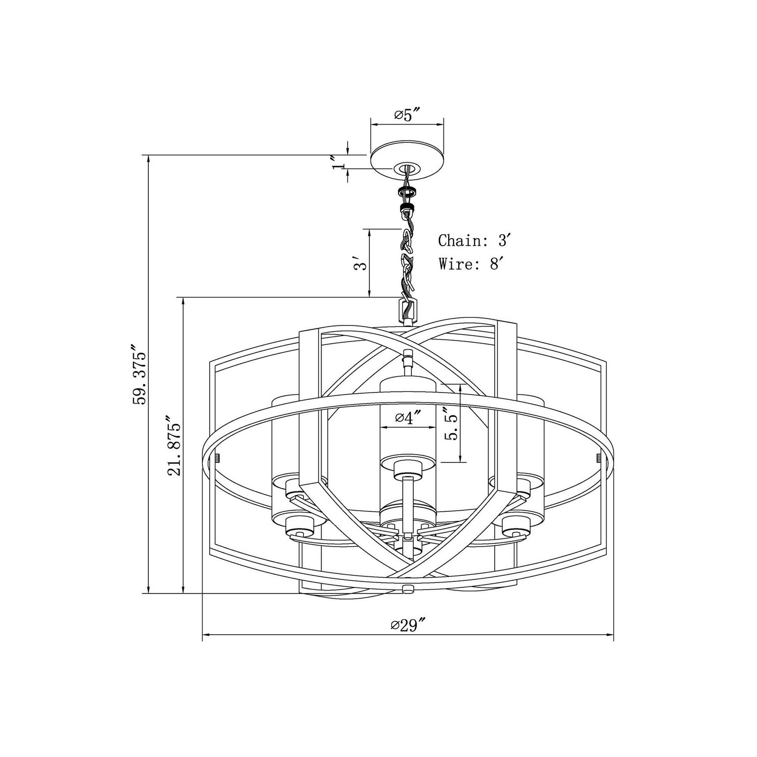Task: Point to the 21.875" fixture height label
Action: (174, 446)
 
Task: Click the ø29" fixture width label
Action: (407, 625)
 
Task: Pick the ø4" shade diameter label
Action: (408, 418)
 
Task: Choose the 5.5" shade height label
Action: (451, 424)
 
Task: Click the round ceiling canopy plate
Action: (407, 160)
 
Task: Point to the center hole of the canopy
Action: (407, 169)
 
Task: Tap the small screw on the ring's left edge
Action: (217, 458)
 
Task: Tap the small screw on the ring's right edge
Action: (598, 458)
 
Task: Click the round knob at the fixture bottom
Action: (407, 588)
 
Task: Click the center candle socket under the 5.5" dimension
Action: (407, 467)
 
